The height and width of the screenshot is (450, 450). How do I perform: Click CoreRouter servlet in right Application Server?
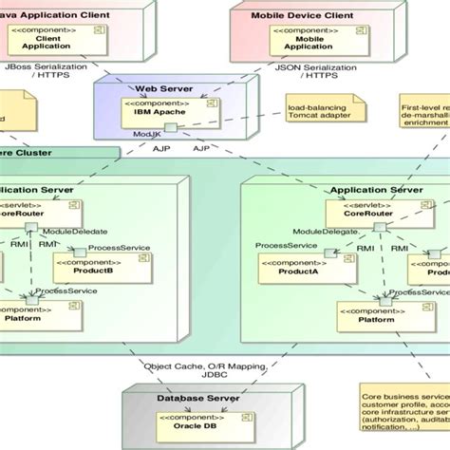pyautogui.click(x=369, y=209)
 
